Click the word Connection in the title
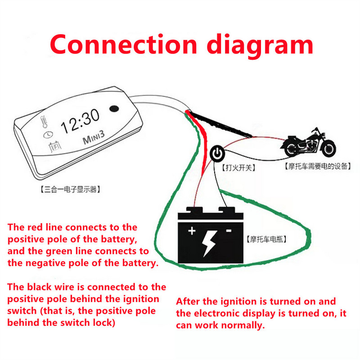tap(123, 45)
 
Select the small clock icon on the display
tap(46, 134)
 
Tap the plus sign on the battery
tap(192, 231)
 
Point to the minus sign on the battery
tap(228, 230)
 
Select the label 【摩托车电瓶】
tap(266, 239)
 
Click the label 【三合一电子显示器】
tap(67, 189)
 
